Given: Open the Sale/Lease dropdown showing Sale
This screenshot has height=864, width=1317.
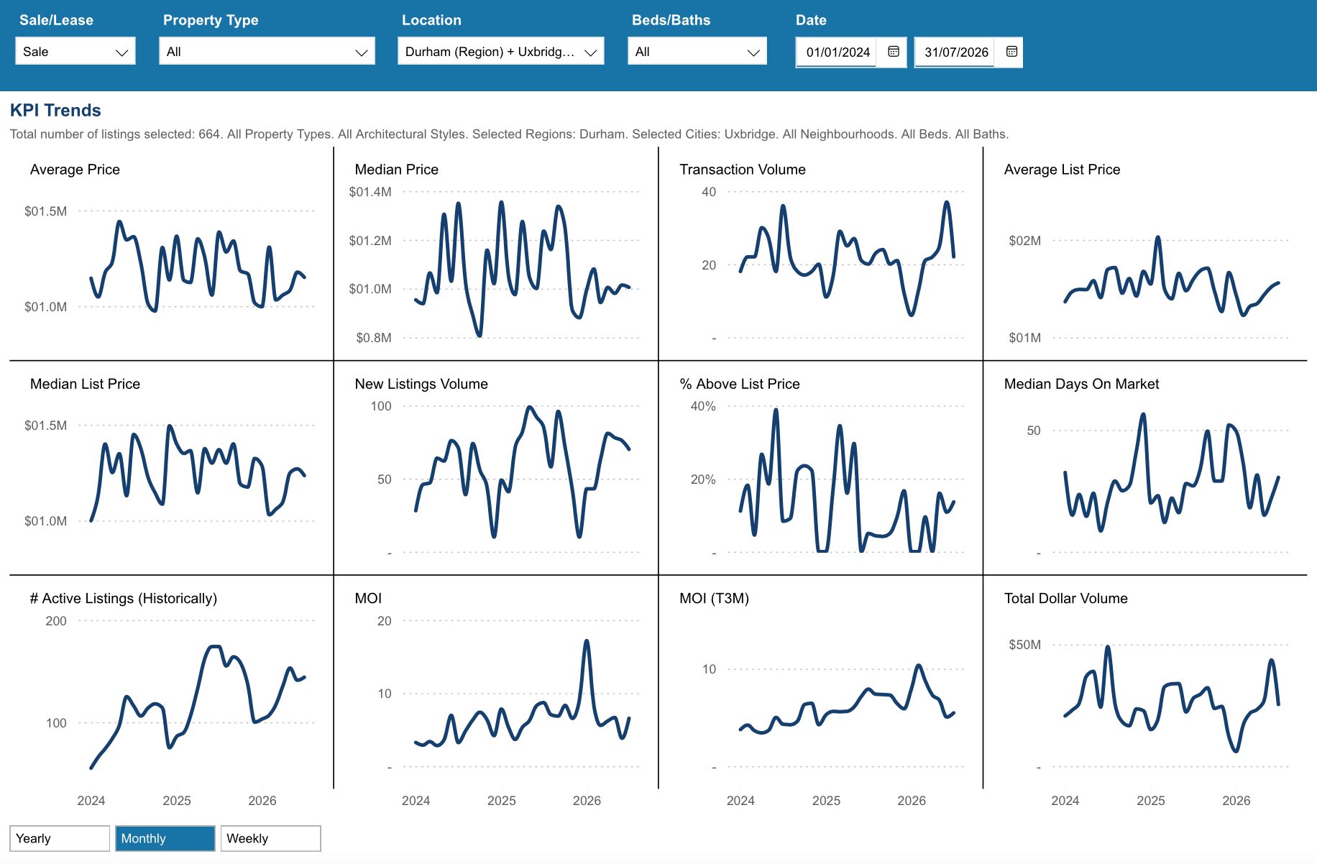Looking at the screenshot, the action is (x=75, y=52).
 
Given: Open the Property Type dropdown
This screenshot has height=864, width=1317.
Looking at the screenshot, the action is (x=267, y=52).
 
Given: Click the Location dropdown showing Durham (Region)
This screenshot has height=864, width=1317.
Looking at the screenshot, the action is (x=500, y=52).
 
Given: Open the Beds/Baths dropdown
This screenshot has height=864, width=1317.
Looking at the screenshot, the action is (x=697, y=52).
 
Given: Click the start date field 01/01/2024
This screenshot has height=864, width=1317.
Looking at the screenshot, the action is (x=838, y=52).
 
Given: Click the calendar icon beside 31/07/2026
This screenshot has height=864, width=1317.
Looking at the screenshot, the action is (x=1011, y=52).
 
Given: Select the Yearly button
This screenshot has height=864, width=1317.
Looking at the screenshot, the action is (x=60, y=838).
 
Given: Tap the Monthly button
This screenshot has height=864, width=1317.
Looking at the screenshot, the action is (x=165, y=838).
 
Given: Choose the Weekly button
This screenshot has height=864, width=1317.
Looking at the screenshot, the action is (x=271, y=838).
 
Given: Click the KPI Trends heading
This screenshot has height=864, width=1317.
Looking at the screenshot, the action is (x=55, y=110).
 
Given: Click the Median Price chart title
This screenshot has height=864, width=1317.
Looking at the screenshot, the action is (x=396, y=170).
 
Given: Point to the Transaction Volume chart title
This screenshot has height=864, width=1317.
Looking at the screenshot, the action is (x=743, y=170).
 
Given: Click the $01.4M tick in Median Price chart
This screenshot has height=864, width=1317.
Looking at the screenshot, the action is (x=370, y=192).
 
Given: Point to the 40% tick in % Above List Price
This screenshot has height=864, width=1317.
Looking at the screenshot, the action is (x=703, y=406).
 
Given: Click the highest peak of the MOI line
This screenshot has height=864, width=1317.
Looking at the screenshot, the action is (x=587, y=640).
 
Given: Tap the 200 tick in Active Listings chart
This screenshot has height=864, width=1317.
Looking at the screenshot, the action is (x=56, y=621).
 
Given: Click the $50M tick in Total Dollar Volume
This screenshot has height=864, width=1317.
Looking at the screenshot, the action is (x=1024, y=645).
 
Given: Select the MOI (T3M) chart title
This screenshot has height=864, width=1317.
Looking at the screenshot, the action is (x=714, y=599).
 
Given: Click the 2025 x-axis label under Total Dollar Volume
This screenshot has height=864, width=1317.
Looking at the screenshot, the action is (x=1150, y=801).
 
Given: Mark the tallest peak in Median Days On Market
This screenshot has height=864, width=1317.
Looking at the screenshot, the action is (x=1143, y=415).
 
